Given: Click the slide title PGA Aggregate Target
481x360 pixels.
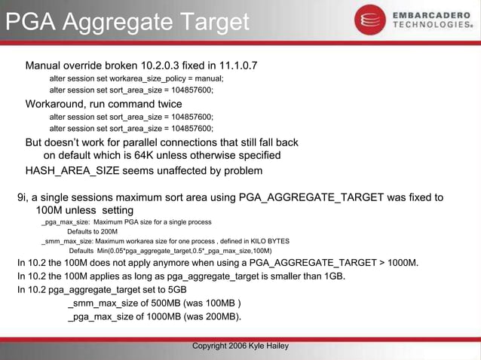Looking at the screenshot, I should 127,23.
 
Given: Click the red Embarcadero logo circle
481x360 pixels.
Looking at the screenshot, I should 370,20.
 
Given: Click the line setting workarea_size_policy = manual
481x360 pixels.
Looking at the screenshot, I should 136,78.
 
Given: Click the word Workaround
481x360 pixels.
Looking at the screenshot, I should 54,104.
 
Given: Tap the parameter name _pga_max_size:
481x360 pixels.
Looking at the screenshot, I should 66,222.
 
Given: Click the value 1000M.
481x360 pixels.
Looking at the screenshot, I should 400,263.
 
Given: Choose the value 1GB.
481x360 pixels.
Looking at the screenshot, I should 332,276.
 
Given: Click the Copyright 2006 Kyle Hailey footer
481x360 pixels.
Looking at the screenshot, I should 240,346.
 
